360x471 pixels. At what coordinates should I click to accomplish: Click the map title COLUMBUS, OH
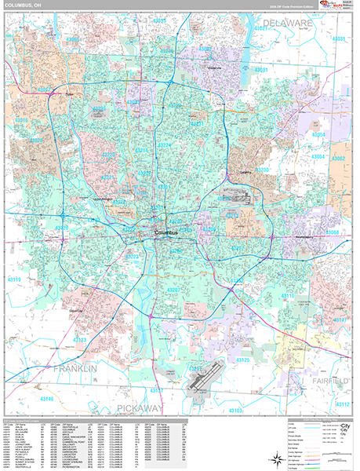27,7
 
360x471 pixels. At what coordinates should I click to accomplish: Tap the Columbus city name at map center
166,233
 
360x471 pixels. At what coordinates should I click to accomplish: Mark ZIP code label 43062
339,159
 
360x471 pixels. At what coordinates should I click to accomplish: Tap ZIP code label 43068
333,232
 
